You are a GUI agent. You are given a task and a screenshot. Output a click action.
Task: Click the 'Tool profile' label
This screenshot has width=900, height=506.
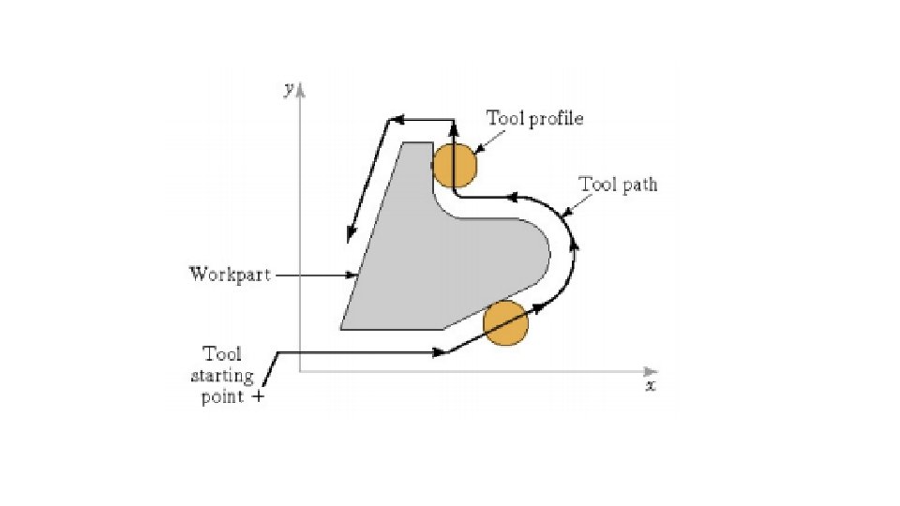click(534, 118)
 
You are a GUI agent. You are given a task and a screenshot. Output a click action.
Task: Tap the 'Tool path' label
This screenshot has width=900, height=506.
click(618, 185)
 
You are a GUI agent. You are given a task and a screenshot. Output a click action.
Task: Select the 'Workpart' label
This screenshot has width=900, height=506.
click(230, 275)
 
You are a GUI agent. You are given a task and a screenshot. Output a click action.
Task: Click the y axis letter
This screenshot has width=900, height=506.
click(290, 88)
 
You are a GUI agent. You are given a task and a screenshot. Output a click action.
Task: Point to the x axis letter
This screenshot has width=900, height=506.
click(650, 385)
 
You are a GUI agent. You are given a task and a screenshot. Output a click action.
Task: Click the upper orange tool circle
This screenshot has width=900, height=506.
click(455, 165)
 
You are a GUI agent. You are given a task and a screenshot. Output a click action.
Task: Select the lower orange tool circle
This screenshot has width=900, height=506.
click(505, 323)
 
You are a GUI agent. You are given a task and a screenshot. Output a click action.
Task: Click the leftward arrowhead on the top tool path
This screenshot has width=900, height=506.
click(397, 119)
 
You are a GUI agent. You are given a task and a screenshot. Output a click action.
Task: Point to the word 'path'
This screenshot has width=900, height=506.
click(639, 185)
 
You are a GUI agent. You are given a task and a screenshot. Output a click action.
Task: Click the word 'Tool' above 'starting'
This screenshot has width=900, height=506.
click(222, 354)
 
